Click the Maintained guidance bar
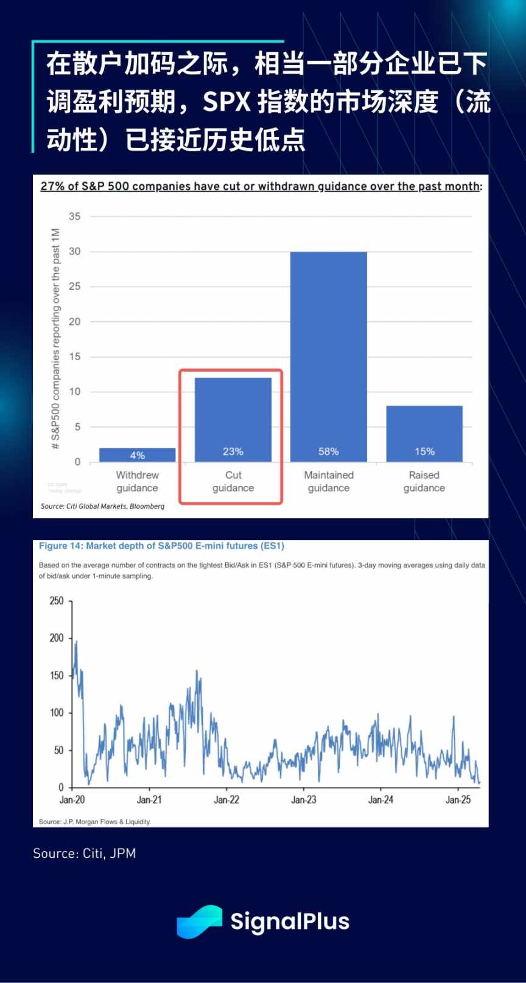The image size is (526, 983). point(328,356)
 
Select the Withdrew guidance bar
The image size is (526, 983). point(137,454)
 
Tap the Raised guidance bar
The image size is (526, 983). point(424,433)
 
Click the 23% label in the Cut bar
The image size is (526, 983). point(233,451)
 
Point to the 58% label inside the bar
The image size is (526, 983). point(328,451)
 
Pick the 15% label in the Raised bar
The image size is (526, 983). point(424,451)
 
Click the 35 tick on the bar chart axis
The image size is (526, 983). point(74,217)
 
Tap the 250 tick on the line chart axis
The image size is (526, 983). point(57,601)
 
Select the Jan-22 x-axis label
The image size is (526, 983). point(226,800)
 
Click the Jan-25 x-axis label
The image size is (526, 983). point(458,800)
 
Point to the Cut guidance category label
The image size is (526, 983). point(233,481)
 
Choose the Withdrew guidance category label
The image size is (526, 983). point(137,481)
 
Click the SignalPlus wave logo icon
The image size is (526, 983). point(199,922)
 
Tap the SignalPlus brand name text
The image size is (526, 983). point(290,922)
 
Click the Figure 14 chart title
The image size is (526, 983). point(161,546)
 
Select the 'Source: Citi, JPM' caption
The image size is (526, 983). point(84,853)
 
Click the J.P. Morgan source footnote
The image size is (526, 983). point(95,821)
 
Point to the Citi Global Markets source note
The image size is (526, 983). point(102,506)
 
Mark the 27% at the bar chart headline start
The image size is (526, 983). point(52,186)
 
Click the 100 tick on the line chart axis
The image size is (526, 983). point(57,712)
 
